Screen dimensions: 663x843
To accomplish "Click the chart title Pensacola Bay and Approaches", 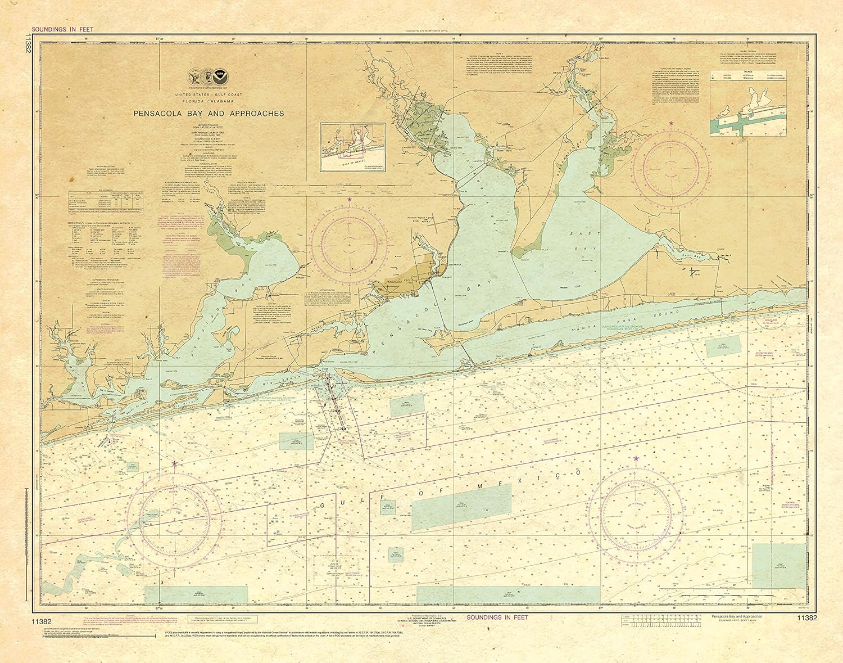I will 209,113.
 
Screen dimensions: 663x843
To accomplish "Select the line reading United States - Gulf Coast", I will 209,97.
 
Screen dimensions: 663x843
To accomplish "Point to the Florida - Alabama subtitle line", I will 209,103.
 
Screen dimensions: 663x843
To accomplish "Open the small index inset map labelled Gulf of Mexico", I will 352,147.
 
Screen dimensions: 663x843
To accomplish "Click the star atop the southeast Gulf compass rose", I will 636,459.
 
